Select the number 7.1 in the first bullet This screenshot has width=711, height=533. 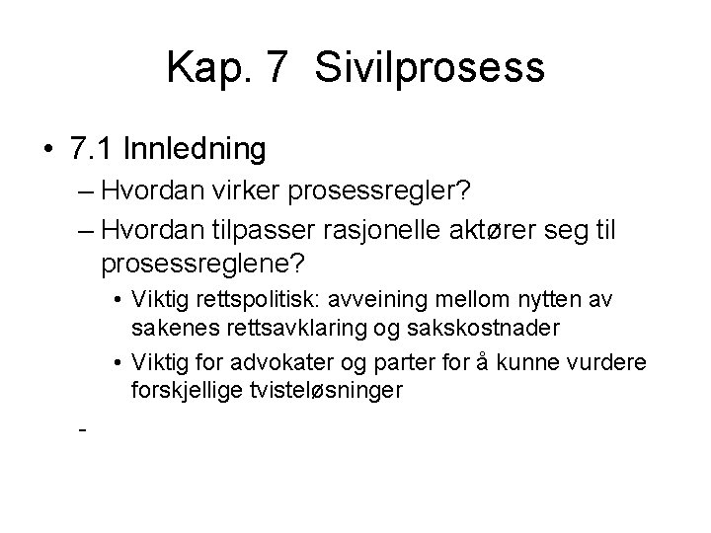click(x=96, y=149)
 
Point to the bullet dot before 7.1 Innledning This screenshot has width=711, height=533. click(x=49, y=150)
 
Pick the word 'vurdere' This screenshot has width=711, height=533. click(x=612, y=364)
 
